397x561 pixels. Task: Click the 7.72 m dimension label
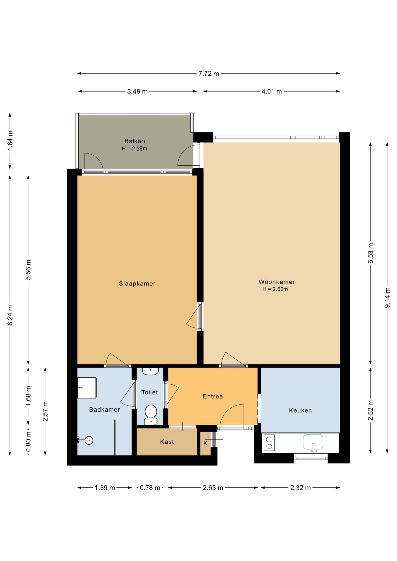pyautogui.click(x=208, y=74)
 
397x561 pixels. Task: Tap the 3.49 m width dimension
pyautogui.click(x=137, y=91)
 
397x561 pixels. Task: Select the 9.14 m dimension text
pyautogui.click(x=387, y=297)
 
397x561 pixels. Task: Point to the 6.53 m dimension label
pyautogui.click(x=371, y=253)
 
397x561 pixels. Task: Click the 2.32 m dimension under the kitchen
pyautogui.click(x=300, y=488)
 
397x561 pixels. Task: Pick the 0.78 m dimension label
pyautogui.click(x=150, y=488)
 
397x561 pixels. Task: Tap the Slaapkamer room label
pyautogui.click(x=137, y=283)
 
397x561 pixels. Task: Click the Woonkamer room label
pyautogui.click(x=277, y=282)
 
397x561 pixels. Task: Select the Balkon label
pyautogui.click(x=135, y=141)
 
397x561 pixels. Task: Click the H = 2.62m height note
pyautogui.click(x=275, y=289)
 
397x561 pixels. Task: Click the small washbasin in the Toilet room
pyautogui.click(x=150, y=371)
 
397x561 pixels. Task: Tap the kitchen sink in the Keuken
pyautogui.click(x=313, y=443)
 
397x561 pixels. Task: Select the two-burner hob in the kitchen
pyautogui.click(x=269, y=443)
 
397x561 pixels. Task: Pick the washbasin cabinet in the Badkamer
pyautogui.click(x=87, y=388)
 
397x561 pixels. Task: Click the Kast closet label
pyautogui.click(x=167, y=442)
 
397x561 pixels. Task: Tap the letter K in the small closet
pyautogui.click(x=206, y=444)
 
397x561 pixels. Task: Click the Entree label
pyautogui.click(x=213, y=396)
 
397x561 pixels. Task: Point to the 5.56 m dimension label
pyautogui.click(x=28, y=270)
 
